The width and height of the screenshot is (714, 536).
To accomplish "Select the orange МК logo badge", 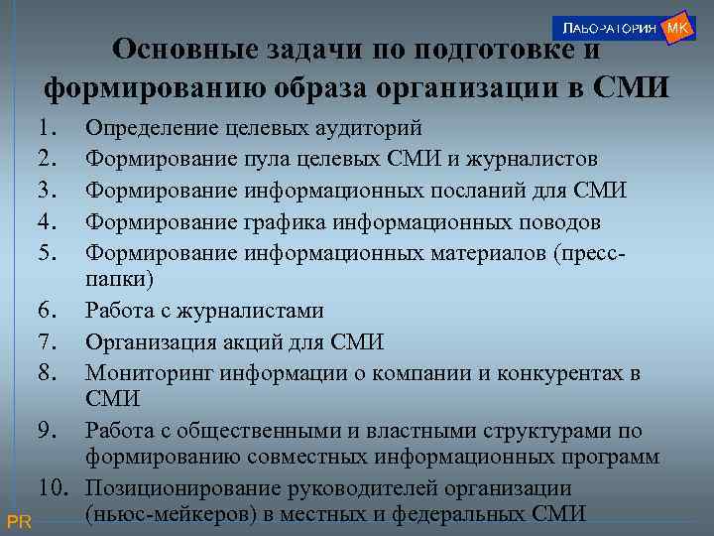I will pyautogui.click(x=677, y=28).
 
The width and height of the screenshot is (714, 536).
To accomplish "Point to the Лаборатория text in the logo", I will pyautogui.click(x=606, y=29).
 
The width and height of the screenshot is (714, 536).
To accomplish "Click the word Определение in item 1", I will pyautogui.click(x=152, y=128).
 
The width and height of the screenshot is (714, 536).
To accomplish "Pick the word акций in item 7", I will pyautogui.click(x=256, y=342).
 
